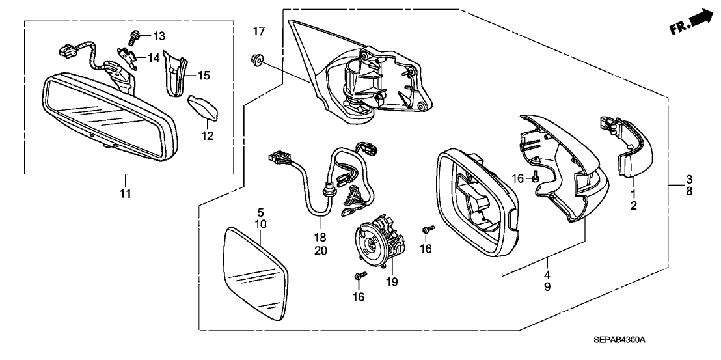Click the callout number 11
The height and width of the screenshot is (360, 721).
click(126, 193)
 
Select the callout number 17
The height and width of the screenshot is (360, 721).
click(259, 32)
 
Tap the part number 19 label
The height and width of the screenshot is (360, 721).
click(391, 282)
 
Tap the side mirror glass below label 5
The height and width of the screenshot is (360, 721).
click(254, 275)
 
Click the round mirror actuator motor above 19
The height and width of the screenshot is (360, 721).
click(379, 242)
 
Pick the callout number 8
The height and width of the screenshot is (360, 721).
click(689, 191)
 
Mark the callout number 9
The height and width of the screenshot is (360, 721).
click(548, 287)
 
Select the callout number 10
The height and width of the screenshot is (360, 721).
click(260, 225)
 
